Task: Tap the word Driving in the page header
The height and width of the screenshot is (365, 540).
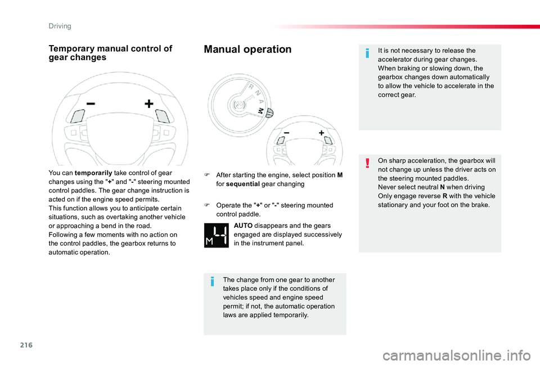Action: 59,26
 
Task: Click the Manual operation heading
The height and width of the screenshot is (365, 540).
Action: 247,49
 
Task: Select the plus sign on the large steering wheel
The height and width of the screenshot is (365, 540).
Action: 148,104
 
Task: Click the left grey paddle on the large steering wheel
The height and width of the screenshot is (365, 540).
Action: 76,116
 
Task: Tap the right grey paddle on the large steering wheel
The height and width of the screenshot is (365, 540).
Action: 163,115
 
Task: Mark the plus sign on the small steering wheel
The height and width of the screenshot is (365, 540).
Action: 321,133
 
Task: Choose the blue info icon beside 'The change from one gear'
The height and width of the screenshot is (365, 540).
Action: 211,281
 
